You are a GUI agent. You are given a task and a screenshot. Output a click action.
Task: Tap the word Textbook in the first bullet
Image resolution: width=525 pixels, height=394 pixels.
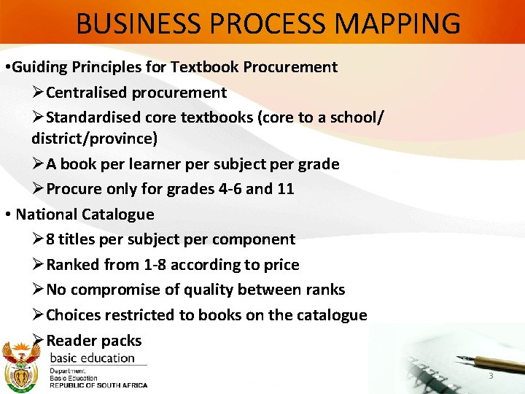pyautogui.click(x=206, y=68)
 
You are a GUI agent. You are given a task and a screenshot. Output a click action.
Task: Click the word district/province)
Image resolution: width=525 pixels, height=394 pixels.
pyautogui.click(x=94, y=138)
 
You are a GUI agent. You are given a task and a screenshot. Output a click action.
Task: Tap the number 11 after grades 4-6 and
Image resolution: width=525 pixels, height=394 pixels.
pyautogui.click(x=285, y=189)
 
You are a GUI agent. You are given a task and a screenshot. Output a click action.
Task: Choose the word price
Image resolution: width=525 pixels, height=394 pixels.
pyautogui.click(x=281, y=265)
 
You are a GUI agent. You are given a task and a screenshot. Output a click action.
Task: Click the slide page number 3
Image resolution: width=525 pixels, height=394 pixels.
pyautogui.click(x=491, y=376)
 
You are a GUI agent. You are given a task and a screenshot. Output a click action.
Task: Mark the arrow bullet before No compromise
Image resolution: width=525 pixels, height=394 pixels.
pyautogui.click(x=38, y=290)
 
